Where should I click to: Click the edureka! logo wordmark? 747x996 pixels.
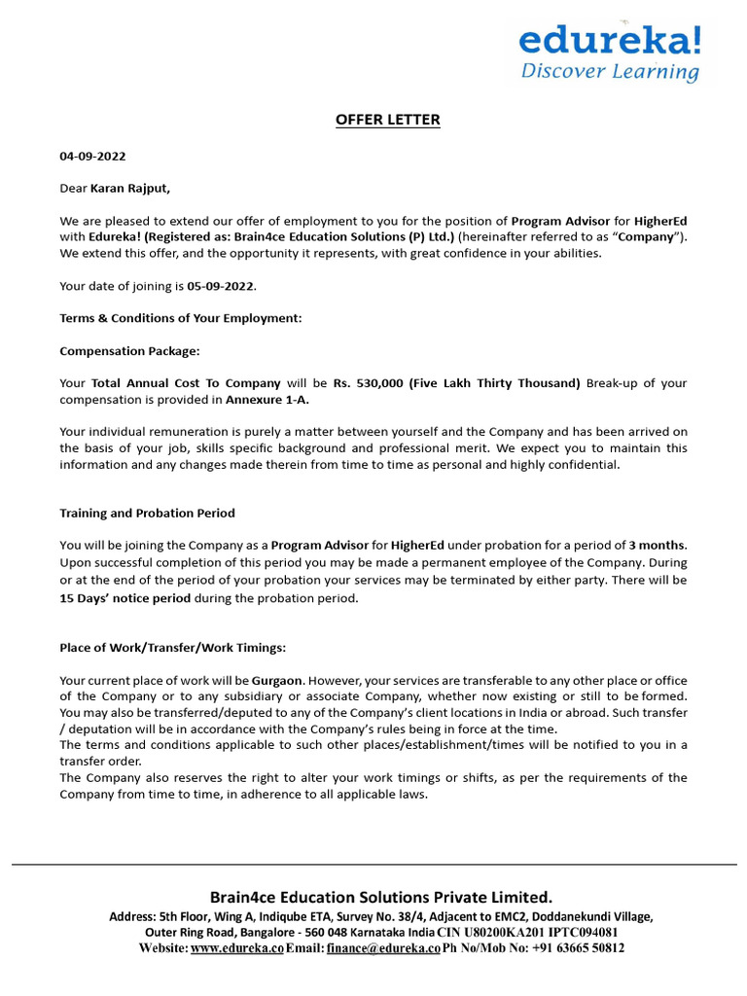coord(609,40)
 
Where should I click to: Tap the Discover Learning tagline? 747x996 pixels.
coord(610,71)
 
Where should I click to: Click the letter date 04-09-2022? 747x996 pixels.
coord(92,156)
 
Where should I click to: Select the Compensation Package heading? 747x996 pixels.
coord(129,350)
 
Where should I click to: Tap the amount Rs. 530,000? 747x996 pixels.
coord(370,383)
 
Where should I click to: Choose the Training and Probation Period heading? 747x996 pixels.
coord(147,513)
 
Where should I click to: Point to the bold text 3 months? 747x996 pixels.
coord(658,545)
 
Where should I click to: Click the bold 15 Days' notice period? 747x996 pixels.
coord(124,598)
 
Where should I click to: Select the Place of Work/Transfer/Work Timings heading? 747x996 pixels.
coord(173,647)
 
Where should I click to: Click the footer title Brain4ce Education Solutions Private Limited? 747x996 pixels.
coord(380,897)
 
